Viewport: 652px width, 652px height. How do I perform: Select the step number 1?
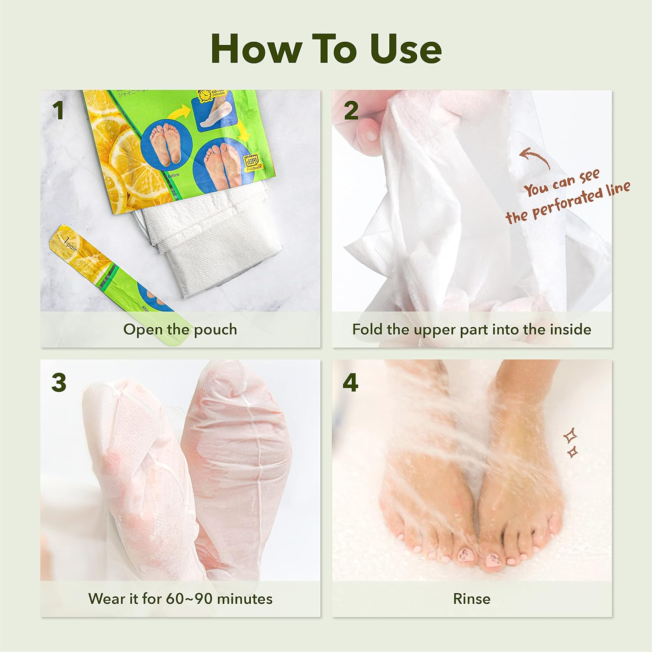point(58,110)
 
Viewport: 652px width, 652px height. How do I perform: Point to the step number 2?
point(351,110)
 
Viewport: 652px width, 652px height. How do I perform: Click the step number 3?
point(59,383)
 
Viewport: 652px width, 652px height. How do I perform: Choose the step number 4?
point(350,383)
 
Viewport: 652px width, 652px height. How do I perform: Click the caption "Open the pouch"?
point(180,329)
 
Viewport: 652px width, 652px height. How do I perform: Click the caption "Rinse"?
point(472,599)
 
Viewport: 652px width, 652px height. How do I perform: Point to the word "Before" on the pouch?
point(173,175)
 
